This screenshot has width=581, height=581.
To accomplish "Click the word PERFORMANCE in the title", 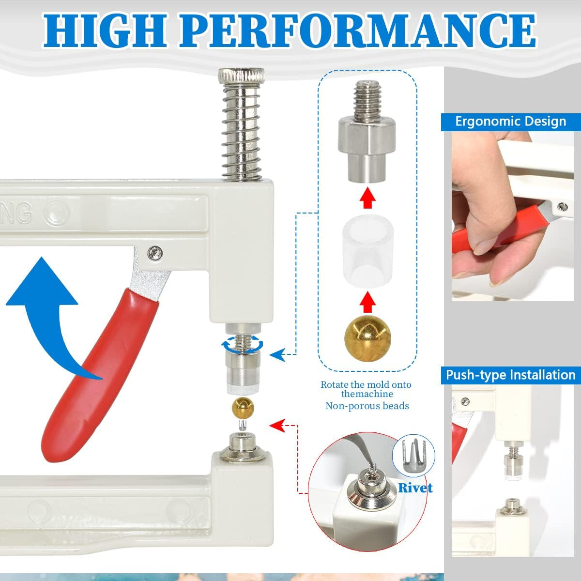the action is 358,30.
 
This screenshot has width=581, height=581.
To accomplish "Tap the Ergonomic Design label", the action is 511,122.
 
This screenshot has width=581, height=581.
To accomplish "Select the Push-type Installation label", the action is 511,375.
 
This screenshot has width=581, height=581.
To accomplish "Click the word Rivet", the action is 415,488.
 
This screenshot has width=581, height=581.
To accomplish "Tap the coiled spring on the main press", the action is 242,133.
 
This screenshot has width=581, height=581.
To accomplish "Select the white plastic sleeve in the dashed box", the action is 367,251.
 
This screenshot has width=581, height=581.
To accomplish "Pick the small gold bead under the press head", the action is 243,408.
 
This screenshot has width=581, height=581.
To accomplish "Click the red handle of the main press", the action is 100,374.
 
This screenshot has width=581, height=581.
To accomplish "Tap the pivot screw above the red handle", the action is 155,252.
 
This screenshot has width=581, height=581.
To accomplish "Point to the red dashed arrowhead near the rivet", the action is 277,426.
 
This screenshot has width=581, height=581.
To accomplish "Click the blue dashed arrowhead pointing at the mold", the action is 277,354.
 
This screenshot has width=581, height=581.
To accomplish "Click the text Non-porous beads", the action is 367,406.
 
